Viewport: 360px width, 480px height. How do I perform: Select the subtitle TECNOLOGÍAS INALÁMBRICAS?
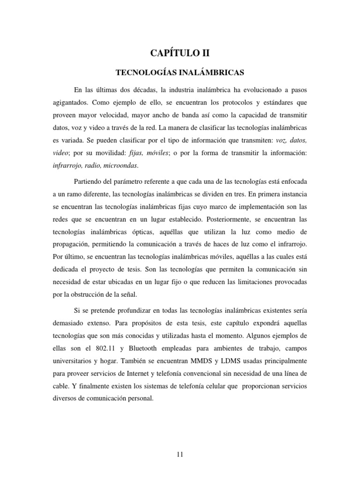point(180,73)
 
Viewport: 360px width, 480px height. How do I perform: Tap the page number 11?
point(180,453)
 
